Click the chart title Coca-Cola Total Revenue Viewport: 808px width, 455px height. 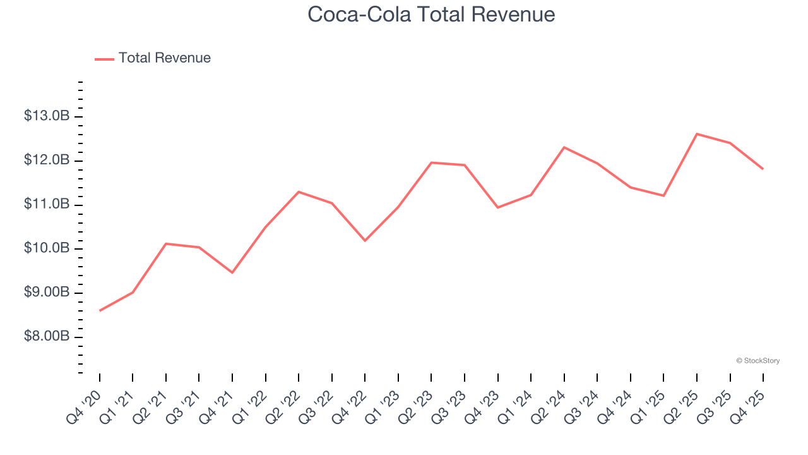(431, 14)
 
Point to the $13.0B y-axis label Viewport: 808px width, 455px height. (47, 116)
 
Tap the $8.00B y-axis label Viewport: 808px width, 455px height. (47, 336)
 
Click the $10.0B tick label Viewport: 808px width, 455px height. (47, 248)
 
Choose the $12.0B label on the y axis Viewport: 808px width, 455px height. (47, 161)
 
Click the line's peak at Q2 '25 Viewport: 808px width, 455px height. (697, 134)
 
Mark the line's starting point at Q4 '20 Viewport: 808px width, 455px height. (100, 310)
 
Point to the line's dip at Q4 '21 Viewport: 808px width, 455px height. (232, 272)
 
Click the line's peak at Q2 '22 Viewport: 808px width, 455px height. (299, 191)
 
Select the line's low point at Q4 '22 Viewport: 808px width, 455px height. (365, 241)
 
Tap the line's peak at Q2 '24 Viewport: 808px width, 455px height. (564, 147)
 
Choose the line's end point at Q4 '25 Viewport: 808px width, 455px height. (763, 169)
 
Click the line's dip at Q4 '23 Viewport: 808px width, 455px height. (498, 207)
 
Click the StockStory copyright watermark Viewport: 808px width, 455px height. (757, 361)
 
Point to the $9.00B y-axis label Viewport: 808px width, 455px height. (47, 293)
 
